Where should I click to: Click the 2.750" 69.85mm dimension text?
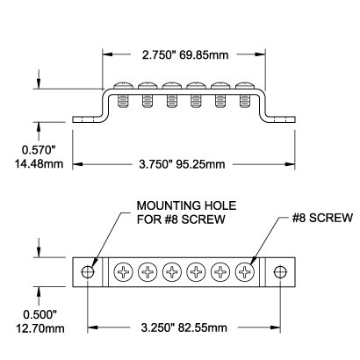point(185,54)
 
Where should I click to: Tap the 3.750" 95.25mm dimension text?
point(182,164)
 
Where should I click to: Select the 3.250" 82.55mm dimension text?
point(184,328)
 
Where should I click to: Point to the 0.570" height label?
point(39,150)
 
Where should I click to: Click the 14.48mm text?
point(39,163)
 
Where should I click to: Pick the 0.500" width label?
point(40,315)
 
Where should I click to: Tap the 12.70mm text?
point(40,328)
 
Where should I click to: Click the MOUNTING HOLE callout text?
point(186,205)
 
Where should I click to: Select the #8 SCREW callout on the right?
point(322,218)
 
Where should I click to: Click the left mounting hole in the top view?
point(88,272)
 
